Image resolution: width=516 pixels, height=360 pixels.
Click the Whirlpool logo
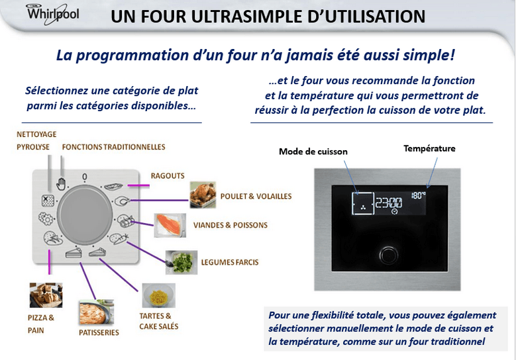(x=52, y=14)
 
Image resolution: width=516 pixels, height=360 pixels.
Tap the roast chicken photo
(x=203, y=195)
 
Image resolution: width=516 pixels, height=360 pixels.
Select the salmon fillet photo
(x=170, y=225)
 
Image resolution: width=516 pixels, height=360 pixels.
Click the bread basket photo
(x=46, y=295)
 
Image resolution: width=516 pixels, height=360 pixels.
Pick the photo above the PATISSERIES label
(x=97, y=312)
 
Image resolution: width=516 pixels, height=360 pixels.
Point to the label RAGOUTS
(x=168, y=176)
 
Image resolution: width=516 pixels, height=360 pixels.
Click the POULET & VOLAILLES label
(x=256, y=197)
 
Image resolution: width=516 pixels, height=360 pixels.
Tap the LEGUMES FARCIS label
(x=230, y=262)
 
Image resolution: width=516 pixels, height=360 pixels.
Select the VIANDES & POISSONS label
(x=231, y=225)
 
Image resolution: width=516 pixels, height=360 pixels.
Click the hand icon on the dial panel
(x=61, y=184)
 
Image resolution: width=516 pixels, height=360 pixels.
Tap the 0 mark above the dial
(x=85, y=177)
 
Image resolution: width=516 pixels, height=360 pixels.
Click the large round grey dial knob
(x=85, y=214)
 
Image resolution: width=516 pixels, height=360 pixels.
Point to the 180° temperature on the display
(x=418, y=195)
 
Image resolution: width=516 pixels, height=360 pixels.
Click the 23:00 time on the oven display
(x=389, y=203)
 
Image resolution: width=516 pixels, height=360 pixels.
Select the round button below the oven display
(x=389, y=255)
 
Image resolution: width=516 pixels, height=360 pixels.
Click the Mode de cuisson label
(x=313, y=152)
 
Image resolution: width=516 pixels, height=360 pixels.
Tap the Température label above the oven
(x=429, y=149)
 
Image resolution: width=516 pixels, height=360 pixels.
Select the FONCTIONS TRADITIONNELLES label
(x=113, y=147)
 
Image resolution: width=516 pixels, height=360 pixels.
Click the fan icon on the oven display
(x=363, y=207)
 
